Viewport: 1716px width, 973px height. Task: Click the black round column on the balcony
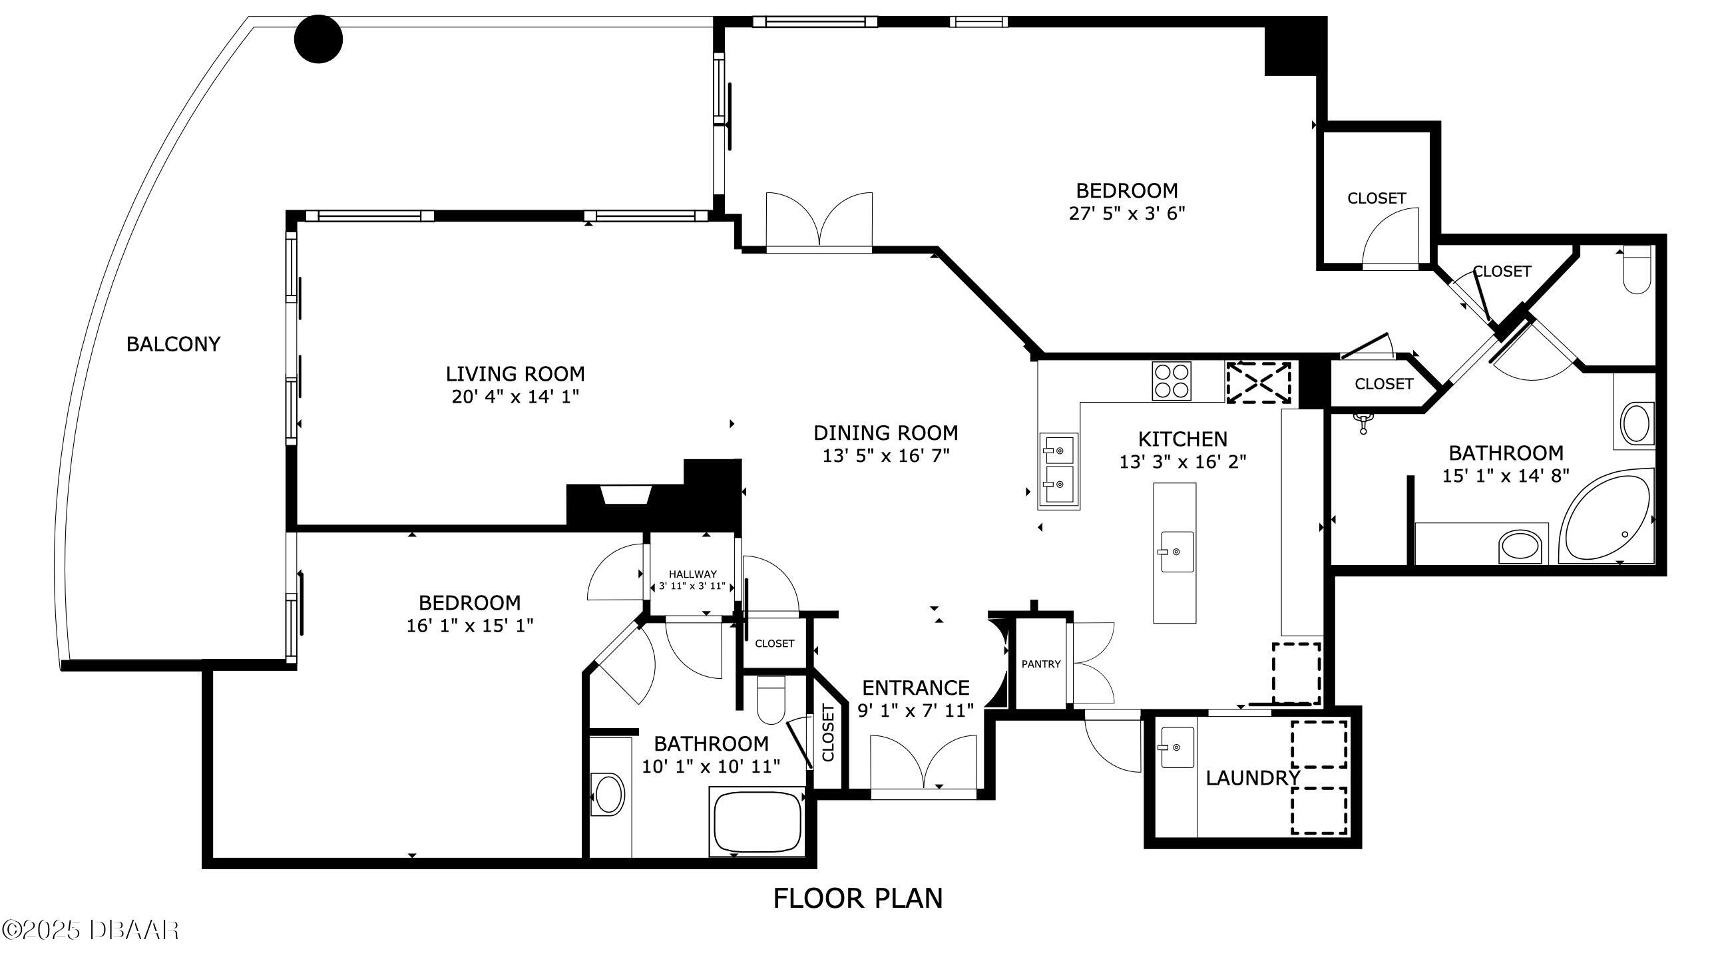(x=319, y=39)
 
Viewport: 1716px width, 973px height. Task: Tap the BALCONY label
(x=173, y=344)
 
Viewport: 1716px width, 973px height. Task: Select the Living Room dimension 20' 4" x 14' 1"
(x=515, y=397)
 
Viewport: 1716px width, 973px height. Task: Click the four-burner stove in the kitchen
(x=1171, y=381)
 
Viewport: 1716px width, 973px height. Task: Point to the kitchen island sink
(x=1177, y=551)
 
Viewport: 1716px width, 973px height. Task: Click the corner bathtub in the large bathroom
(x=1606, y=515)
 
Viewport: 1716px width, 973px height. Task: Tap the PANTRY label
(x=1041, y=664)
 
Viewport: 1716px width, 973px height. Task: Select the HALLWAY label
(x=692, y=574)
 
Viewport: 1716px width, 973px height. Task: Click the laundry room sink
(x=1177, y=747)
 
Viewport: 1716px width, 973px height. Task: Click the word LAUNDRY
(x=1253, y=778)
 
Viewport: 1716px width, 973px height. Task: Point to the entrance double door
(x=923, y=763)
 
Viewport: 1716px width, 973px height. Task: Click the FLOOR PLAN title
(x=858, y=898)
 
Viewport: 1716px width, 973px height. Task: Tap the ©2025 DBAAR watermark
(x=91, y=930)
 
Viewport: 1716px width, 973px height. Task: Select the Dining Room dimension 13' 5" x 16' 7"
(x=886, y=456)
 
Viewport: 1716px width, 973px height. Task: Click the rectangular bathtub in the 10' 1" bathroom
(x=757, y=822)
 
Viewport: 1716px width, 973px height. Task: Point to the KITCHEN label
(x=1183, y=439)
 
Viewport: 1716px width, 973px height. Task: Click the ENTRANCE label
(x=915, y=687)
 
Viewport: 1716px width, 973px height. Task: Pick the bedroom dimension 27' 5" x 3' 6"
(x=1128, y=214)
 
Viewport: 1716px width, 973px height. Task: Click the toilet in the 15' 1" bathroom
(x=1637, y=270)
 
